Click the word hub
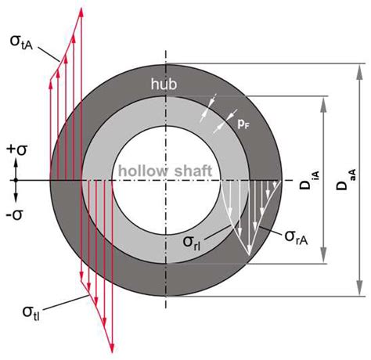point(165,81)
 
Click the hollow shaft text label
point(166,170)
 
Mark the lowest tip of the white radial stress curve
point(248,257)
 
